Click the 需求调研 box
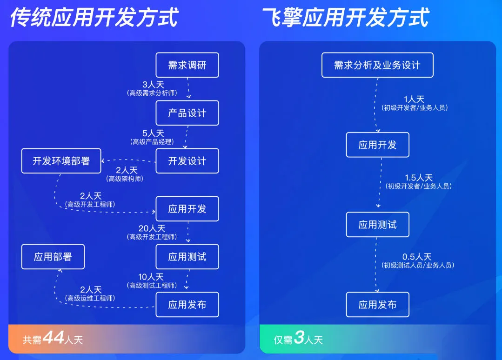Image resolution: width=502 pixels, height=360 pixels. pos(187,65)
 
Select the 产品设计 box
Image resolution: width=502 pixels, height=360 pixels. pos(187,113)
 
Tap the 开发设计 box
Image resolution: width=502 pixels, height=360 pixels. pos(187,161)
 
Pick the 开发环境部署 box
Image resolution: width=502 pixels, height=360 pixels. pos(61,161)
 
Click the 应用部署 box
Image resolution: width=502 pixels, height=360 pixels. pos(53,257)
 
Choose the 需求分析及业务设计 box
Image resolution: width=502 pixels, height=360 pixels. pos(377,65)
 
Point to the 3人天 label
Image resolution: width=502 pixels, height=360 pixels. pos(153,85)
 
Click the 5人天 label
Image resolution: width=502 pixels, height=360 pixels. pos(153,133)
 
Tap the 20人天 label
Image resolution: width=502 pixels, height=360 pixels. pos(152,228)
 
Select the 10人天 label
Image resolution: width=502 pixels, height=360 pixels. pos(151,277)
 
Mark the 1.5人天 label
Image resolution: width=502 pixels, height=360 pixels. pos(419,178)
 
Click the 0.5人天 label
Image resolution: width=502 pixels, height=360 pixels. pos(417,257)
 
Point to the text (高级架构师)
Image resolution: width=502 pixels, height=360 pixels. pos(125,179)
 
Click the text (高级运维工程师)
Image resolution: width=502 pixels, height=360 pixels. pos(90,298)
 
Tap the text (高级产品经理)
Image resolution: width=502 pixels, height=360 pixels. pos(152,142)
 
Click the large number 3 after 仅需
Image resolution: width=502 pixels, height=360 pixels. pos(299,337)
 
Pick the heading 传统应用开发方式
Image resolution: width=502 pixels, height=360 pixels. pos(94,17)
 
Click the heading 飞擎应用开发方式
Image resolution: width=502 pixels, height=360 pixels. pos(346,17)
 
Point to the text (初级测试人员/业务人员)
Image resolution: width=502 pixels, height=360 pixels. pos(418,265)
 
